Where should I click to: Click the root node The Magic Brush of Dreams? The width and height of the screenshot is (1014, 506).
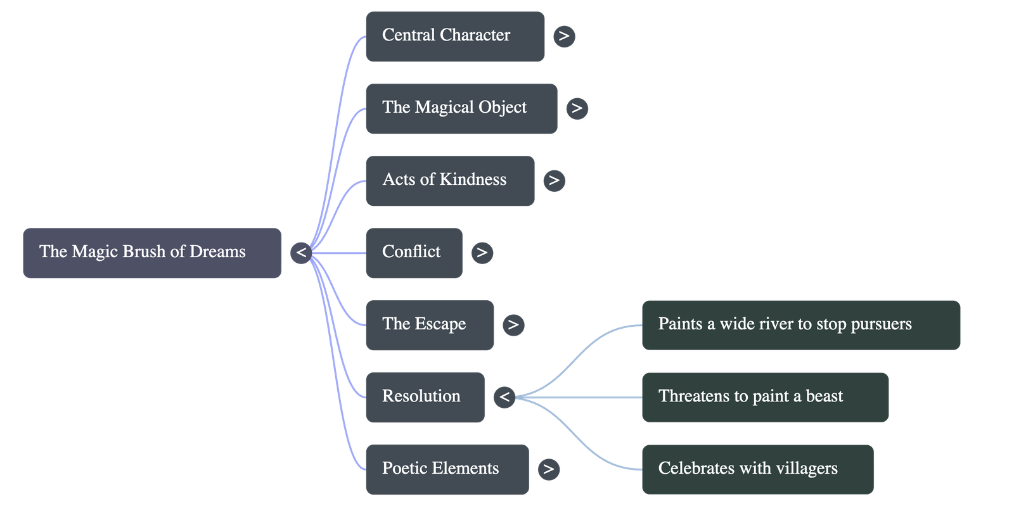pyautogui.click(x=152, y=253)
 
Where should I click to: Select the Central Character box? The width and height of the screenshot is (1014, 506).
pyautogui.click(x=454, y=36)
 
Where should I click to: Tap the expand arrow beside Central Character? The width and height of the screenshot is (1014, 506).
pyautogui.click(x=564, y=36)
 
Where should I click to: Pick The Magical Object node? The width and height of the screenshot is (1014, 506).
pyautogui.click(x=461, y=108)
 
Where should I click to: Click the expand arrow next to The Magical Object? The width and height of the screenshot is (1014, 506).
pyautogui.click(x=577, y=108)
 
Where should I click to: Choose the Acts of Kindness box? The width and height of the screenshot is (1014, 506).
pyautogui.click(x=449, y=180)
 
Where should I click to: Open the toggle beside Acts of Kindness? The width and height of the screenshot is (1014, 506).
pyautogui.click(x=554, y=180)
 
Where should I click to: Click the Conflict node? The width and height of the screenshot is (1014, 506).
pyautogui.click(x=413, y=253)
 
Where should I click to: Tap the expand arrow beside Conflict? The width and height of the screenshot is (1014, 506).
pyautogui.click(x=482, y=253)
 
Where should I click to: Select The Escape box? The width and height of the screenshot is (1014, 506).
pyautogui.click(x=429, y=325)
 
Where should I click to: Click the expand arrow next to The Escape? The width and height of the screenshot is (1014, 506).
pyautogui.click(x=513, y=325)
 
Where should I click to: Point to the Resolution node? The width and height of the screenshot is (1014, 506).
pyautogui.click(x=425, y=397)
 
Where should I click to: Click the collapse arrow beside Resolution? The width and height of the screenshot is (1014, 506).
pyautogui.click(x=504, y=397)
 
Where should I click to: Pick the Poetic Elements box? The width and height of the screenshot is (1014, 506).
pyautogui.click(x=447, y=469)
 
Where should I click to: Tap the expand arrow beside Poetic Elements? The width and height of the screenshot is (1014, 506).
pyautogui.click(x=549, y=469)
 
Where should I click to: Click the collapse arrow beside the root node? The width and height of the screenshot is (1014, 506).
pyautogui.click(x=302, y=253)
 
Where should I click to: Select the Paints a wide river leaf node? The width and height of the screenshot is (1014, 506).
pyautogui.click(x=800, y=325)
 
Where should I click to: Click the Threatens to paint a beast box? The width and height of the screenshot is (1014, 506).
pyautogui.click(x=765, y=397)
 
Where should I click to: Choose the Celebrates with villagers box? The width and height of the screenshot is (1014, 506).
pyautogui.click(x=757, y=469)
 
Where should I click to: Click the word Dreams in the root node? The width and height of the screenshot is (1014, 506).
pyautogui.click(x=217, y=252)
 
